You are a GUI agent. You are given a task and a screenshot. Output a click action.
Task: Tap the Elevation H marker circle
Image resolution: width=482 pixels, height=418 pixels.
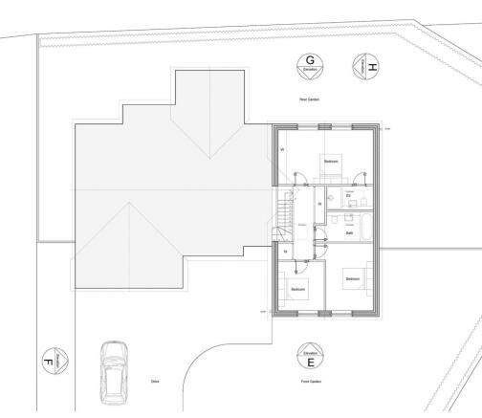pyautogui.click(x=367, y=66)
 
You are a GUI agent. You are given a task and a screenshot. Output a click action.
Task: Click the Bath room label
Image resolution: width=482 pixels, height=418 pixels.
pyautogui.click(x=351, y=232)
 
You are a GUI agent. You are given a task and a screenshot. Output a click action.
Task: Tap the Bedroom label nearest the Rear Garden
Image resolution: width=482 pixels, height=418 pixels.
pyautogui.click(x=331, y=162)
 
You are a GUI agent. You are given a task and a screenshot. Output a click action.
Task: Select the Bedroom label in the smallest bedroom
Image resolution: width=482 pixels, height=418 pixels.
pyautogui.click(x=298, y=288)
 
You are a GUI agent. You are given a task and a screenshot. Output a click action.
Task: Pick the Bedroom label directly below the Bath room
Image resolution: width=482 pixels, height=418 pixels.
pyautogui.click(x=353, y=278)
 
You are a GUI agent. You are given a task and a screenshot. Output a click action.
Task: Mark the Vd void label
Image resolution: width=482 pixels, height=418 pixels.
pyautogui.click(x=282, y=150)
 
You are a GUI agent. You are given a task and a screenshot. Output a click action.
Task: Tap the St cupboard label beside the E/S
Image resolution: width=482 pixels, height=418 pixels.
pyautogui.click(x=319, y=204)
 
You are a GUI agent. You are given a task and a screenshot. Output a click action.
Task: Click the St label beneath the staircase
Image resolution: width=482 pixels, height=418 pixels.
pyautogui.click(x=285, y=252)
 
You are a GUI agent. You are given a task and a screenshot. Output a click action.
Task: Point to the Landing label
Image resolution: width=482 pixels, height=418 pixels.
pyautogui.click(x=302, y=226)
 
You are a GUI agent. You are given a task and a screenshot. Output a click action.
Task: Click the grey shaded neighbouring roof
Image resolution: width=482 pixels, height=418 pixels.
pyautogui.click(x=163, y=191)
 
